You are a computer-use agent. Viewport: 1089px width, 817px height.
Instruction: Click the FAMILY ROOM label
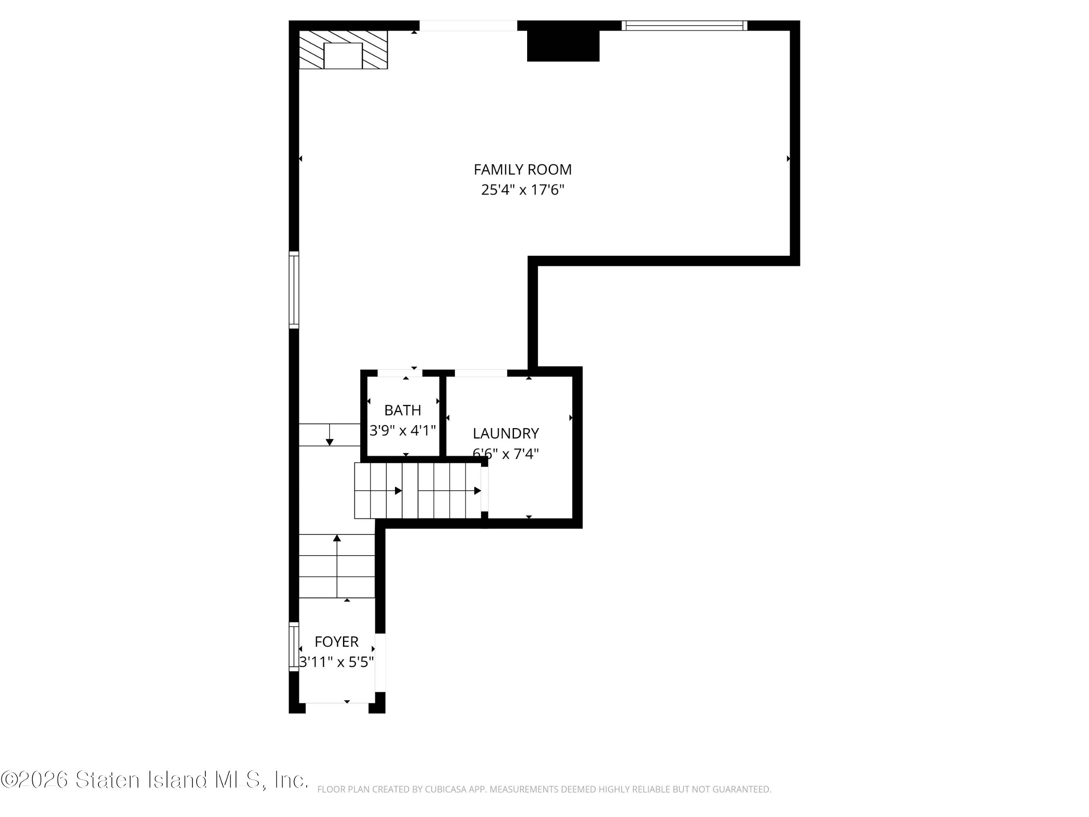pyautogui.click(x=522, y=170)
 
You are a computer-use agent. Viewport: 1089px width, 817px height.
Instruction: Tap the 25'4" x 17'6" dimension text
pyautogui.click(x=522, y=190)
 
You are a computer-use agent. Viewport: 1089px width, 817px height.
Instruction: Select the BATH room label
pyautogui.click(x=403, y=410)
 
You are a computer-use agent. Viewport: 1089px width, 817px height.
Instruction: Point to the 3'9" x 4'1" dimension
pyautogui.click(x=403, y=431)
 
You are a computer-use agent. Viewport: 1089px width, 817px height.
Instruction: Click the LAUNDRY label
pyautogui.click(x=506, y=433)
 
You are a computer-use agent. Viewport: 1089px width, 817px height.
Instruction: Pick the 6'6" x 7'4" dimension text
pyautogui.click(x=506, y=453)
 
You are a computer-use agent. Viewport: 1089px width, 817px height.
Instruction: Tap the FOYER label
pyautogui.click(x=337, y=642)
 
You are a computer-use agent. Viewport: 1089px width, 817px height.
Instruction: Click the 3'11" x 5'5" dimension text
pyautogui.click(x=337, y=662)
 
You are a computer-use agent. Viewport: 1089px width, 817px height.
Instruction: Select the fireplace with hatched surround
pyautogui.click(x=343, y=50)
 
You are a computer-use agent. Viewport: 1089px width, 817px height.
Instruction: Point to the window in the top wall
pyautogui.click(x=684, y=26)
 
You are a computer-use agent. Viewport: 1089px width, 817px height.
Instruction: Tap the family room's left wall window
pyautogui.click(x=294, y=290)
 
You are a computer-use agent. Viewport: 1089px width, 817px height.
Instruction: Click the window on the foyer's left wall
pyautogui.click(x=294, y=647)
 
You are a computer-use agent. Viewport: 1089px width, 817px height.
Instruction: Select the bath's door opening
pyautogui.click(x=400, y=373)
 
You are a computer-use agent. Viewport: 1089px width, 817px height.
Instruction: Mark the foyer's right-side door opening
pyautogui.click(x=380, y=662)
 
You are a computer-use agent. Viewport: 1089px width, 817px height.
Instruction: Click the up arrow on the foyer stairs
pyautogui.click(x=337, y=566)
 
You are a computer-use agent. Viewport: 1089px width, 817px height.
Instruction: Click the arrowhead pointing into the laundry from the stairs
pyautogui.click(x=478, y=491)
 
